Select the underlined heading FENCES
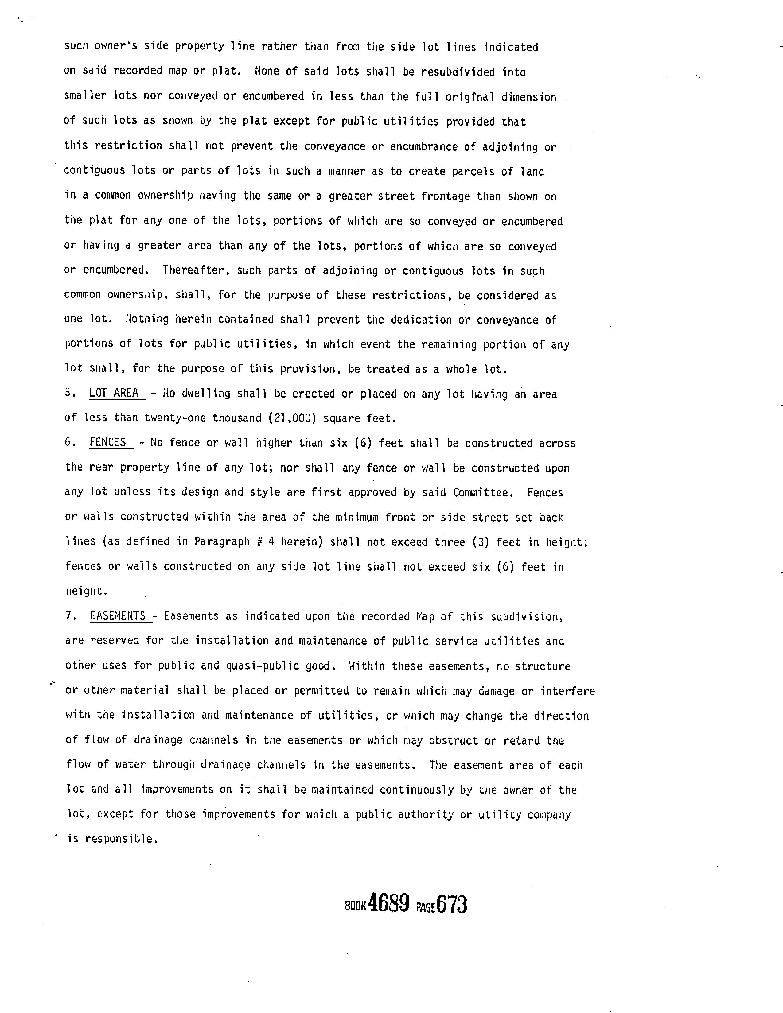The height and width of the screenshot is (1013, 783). point(107,442)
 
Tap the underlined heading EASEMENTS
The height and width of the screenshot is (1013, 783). point(118,616)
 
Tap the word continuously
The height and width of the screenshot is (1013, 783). point(416,790)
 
